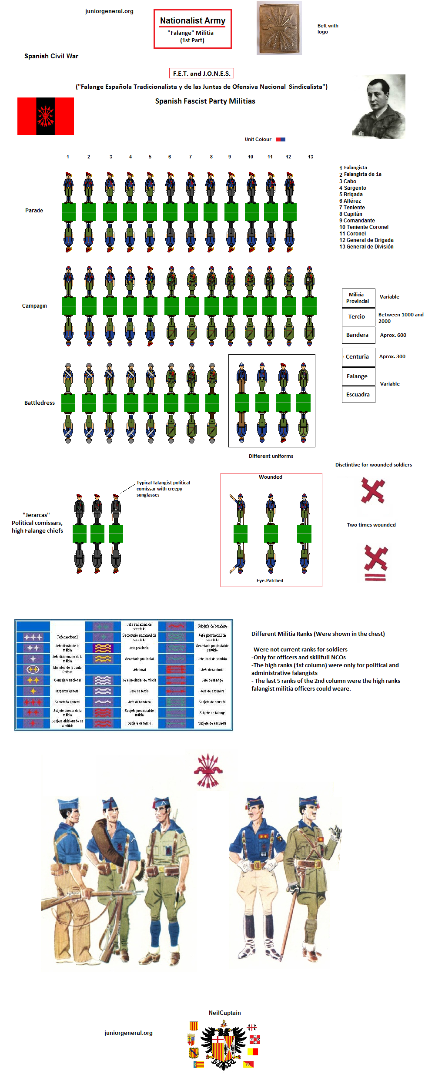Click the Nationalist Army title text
point(193,20)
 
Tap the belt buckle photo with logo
point(279,28)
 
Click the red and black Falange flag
point(46,116)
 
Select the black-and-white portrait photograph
point(379,107)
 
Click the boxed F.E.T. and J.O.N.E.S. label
point(201,74)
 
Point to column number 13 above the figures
point(311,157)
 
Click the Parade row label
point(34,211)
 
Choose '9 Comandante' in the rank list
point(357,221)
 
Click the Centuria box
point(358,357)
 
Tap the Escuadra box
point(358,395)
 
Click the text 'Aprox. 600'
point(393,335)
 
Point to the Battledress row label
point(40,403)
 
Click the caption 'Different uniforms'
point(271,456)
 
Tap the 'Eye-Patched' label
point(270,581)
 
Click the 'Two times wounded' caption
point(371,525)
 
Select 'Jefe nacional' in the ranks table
point(67,637)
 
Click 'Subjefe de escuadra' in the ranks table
point(212,723)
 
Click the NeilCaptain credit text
point(224,1013)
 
